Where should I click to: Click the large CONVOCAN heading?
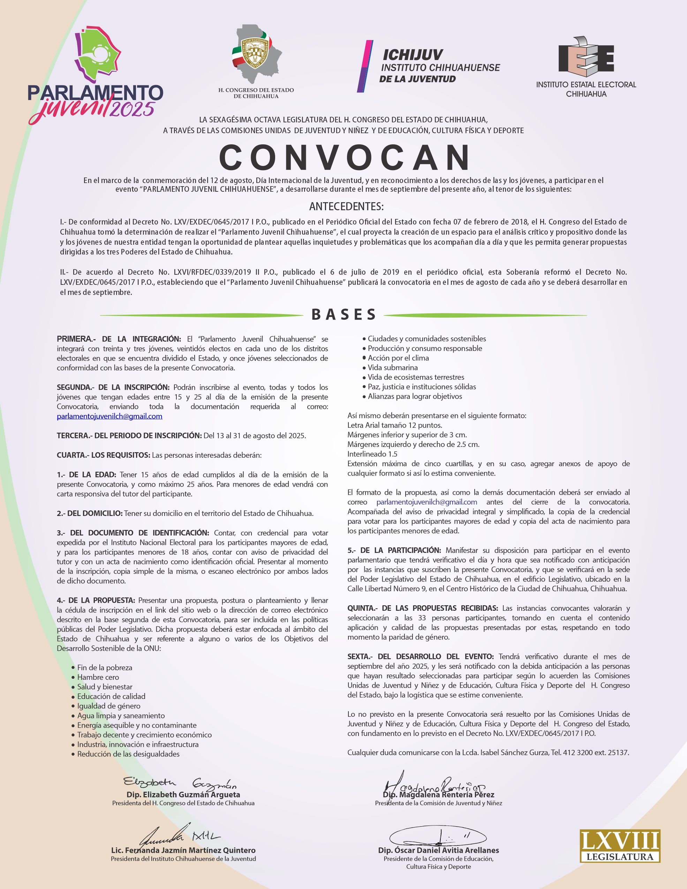(x=345, y=158)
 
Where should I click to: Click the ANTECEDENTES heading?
(x=346, y=206)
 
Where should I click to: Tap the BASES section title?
(x=344, y=315)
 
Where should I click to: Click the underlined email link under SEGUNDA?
(x=110, y=416)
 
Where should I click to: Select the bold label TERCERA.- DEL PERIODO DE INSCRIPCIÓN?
(x=129, y=435)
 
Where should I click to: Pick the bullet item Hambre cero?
(x=98, y=677)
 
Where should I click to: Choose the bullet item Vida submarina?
(x=393, y=367)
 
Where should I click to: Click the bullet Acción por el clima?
(x=398, y=358)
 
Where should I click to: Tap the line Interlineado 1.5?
(x=372, y=454)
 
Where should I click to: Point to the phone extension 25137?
(x=618, y=753)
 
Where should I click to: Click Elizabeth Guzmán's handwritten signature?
(x=180, y=782)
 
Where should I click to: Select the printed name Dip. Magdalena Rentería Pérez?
(x=439, y=795)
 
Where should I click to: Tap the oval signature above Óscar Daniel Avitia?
(x=438, y=836)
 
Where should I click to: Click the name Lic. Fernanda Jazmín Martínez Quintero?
(x=183, y=850)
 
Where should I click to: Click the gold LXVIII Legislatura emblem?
(x=620, y=846)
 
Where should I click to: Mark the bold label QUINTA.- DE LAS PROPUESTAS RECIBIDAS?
(x=422, y=608)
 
